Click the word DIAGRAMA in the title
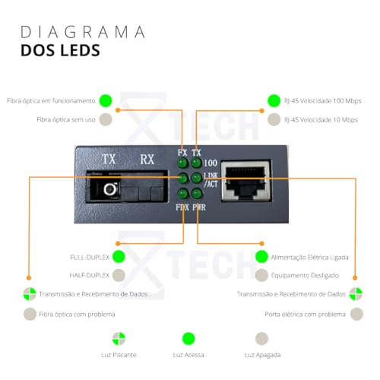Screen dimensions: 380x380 click(82, 33)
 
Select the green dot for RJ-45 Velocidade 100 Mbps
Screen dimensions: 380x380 click(274, 100)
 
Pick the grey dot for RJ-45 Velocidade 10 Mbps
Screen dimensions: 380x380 click(274, 119)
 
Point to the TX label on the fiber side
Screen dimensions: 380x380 click(109, 160)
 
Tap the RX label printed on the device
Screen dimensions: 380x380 click(147, 160)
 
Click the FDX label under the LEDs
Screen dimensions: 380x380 click(182, 206)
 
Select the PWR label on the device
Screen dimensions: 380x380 click(199, 206)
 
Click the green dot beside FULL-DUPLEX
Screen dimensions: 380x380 click(119, 256)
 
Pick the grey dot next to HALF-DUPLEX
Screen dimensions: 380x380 click(119, 275)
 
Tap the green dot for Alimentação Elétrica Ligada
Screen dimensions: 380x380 click(261, 256)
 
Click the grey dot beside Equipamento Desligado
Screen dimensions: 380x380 click(261, 275)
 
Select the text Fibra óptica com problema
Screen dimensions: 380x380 click(80, 313)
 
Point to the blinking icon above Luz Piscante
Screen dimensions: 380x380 click(119, 339)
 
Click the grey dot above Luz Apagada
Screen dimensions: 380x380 click(262, 339)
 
